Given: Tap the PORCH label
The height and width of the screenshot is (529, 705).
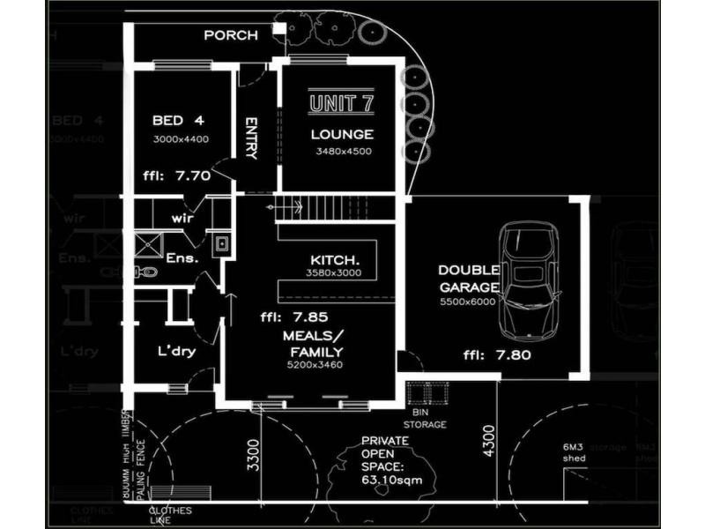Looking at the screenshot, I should [x=231, y=35].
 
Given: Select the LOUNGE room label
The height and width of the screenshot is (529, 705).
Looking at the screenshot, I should [x=342, y=135].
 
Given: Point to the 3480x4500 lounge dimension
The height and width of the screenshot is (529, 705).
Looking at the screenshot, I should [x=344, y=151].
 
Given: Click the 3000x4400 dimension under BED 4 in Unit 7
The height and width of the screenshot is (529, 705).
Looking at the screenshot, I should [x=180, y=139].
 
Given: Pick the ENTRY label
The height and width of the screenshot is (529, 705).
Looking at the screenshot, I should [x=251, y=138].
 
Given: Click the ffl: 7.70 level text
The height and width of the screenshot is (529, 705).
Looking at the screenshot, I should [x=176, y=175].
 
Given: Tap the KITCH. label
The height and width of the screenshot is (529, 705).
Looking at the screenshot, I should [x=335, y=260].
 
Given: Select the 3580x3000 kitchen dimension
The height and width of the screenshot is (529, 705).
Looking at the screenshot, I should [x=334, y=274].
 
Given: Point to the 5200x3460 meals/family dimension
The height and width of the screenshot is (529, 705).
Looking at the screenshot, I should [x=312, y=365].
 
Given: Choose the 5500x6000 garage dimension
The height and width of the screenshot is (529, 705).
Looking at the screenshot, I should [x=469, y=302].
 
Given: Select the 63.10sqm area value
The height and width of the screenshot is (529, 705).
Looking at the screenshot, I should [x=383, y=482].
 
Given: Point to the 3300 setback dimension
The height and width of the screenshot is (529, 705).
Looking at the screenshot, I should [x=254, y=455].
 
